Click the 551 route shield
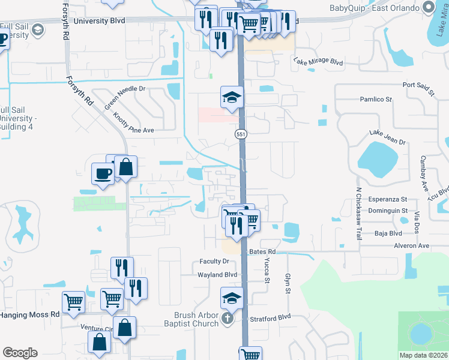coord(241,135)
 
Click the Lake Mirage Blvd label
coord(318,61)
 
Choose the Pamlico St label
coord(375,99)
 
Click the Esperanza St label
coord(388,199)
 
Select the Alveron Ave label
coord(411,245)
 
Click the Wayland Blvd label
coord(218,274)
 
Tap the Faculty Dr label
coord(214,262)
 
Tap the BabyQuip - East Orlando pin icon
coord(428,8)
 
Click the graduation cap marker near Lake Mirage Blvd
coord(232,97)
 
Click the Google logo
coord(20,352)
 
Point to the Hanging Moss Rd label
coord(30,314)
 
